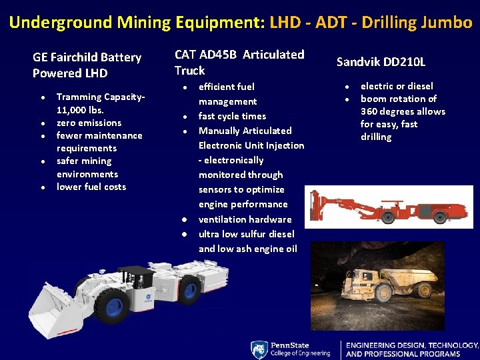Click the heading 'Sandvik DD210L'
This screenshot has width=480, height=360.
pyautogui.click(x=381, y=62)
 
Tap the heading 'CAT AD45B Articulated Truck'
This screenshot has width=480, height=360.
pyautogui.click(x=239, y=62)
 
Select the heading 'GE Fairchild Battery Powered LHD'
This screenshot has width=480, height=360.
pyautogui.click(x=87, y=65)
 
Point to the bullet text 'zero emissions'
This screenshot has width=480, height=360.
pyautogui.click(x=89, y=123)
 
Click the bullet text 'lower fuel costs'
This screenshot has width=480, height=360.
pyautogui.click(x=91, y=187)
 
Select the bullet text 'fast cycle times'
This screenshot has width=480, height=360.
pyautogui.click(x=232, y=116)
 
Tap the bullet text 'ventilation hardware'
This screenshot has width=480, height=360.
pyautogui.click(x=245, y=219)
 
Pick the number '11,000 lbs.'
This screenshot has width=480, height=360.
pyautogui.click(x=80, y=110)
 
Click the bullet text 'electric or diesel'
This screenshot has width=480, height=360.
pyautogui.click(x=397, y=86)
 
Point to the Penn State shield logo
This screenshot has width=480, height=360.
pyautogui.click(x=259, y=350)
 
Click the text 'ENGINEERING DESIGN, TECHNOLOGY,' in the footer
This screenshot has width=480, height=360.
pyautogui.click(x=412, y=345)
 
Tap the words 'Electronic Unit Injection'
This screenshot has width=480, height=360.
pyautogui.click(x=251, y=145)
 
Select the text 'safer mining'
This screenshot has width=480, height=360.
pyautogui.click(x=84, y=161)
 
